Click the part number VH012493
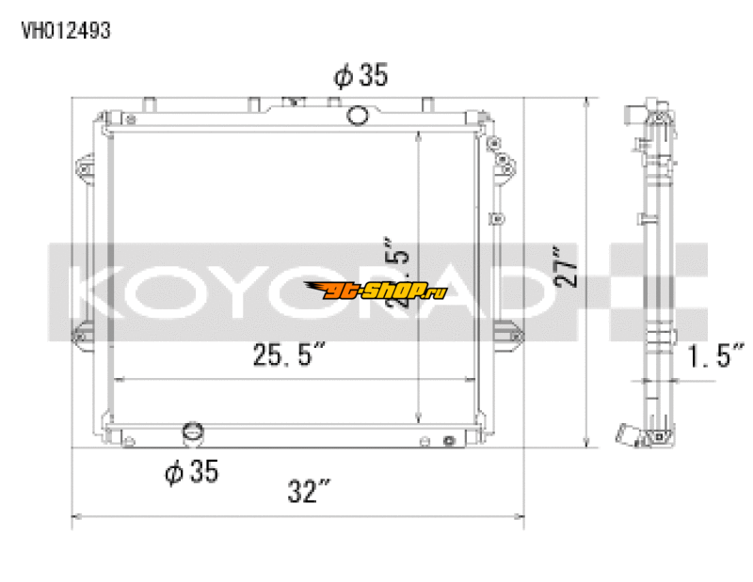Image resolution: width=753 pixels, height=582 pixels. click(66, 31)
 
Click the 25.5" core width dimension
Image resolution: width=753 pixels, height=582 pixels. click(288, 354)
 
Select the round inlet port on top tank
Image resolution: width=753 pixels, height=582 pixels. click(358, 116)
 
